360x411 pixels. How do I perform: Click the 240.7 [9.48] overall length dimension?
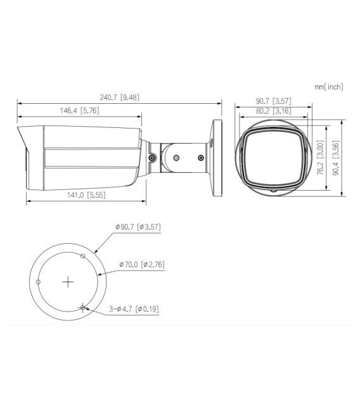pyautogui.click(x=119, y=98)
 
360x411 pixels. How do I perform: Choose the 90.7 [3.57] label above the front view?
pyautogui.click(x=273, y=101)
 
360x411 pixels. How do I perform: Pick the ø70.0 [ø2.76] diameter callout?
pyautogui.click(x=141, y=264)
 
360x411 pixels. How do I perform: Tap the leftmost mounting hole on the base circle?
pyautogui.click(x=39, y=282)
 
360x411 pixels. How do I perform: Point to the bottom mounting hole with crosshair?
pyautogui.click(x=83, y=308)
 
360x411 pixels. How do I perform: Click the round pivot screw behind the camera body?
pyautogui.click(x=153, y=158)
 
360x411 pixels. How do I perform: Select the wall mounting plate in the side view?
pyautogui.click(x=217, y=155)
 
